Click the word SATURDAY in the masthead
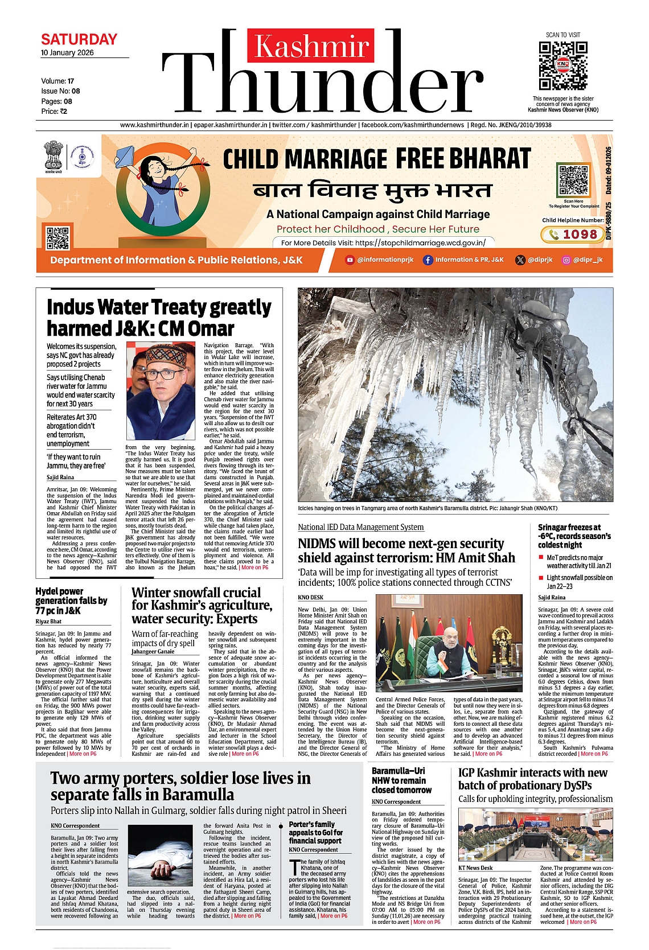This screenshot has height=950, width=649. pos(79,39)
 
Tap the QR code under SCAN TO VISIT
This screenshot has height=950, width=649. pos(562,65)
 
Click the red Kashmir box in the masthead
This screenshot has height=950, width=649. pos(311,46)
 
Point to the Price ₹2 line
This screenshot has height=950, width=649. pos(54,112)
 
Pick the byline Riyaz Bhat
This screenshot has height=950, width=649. pos(48,622)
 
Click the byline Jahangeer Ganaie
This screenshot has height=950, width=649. pos(153,651)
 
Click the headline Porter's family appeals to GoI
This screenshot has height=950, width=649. pos(316,832)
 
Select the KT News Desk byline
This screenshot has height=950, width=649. pos(475,867)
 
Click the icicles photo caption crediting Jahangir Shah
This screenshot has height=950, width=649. pos(427,508)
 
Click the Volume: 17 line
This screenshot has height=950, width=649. pos(57,81)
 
